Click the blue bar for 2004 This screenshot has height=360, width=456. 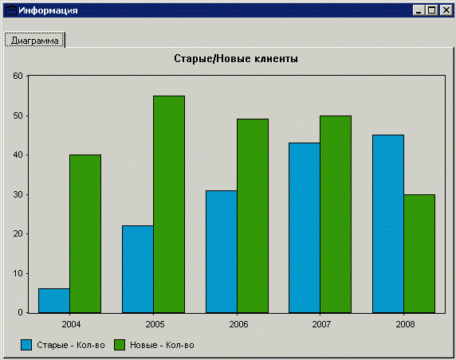[54, 301]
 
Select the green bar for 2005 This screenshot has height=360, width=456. [169, 204]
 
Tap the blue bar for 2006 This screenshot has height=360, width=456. [222, 252]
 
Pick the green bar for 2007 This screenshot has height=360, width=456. [336, 214]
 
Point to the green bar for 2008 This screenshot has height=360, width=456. [419, 253]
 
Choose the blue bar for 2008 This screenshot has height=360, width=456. [388, 224]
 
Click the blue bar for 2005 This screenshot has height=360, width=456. [138, 269]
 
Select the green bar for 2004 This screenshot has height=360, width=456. [85, 234]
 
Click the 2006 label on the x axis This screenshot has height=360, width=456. [238, 324]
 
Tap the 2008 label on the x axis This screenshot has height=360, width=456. [405, 324]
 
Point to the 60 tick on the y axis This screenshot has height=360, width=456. [18, 76]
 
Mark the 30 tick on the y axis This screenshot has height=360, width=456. [18, 194]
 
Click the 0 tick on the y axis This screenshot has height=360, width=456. [20, 312]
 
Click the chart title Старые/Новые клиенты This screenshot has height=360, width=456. [236, 59]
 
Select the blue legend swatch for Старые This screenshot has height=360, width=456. [26, 345]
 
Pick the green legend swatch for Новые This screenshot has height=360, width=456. [120, 345]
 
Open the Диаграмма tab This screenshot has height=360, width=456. [34, 41]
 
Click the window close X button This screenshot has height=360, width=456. [446, 10]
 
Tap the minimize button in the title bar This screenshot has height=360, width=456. [419, 10]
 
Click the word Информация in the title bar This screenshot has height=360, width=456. [48, 10]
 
